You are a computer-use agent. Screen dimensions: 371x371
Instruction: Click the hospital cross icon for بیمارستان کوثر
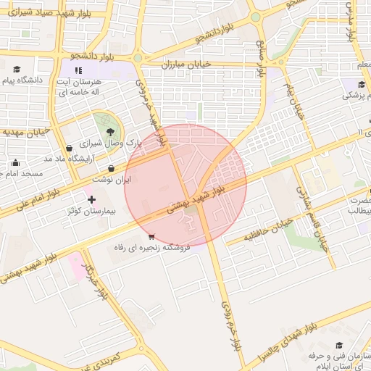(91, 199)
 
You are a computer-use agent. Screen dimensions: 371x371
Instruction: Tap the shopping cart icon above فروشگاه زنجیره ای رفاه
(151, 236)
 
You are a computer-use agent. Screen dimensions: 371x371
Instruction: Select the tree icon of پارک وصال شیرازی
(109, 131)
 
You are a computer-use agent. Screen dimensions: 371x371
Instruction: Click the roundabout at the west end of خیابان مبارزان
(138, 58)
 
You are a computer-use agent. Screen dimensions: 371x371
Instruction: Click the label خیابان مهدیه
(25, 133)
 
